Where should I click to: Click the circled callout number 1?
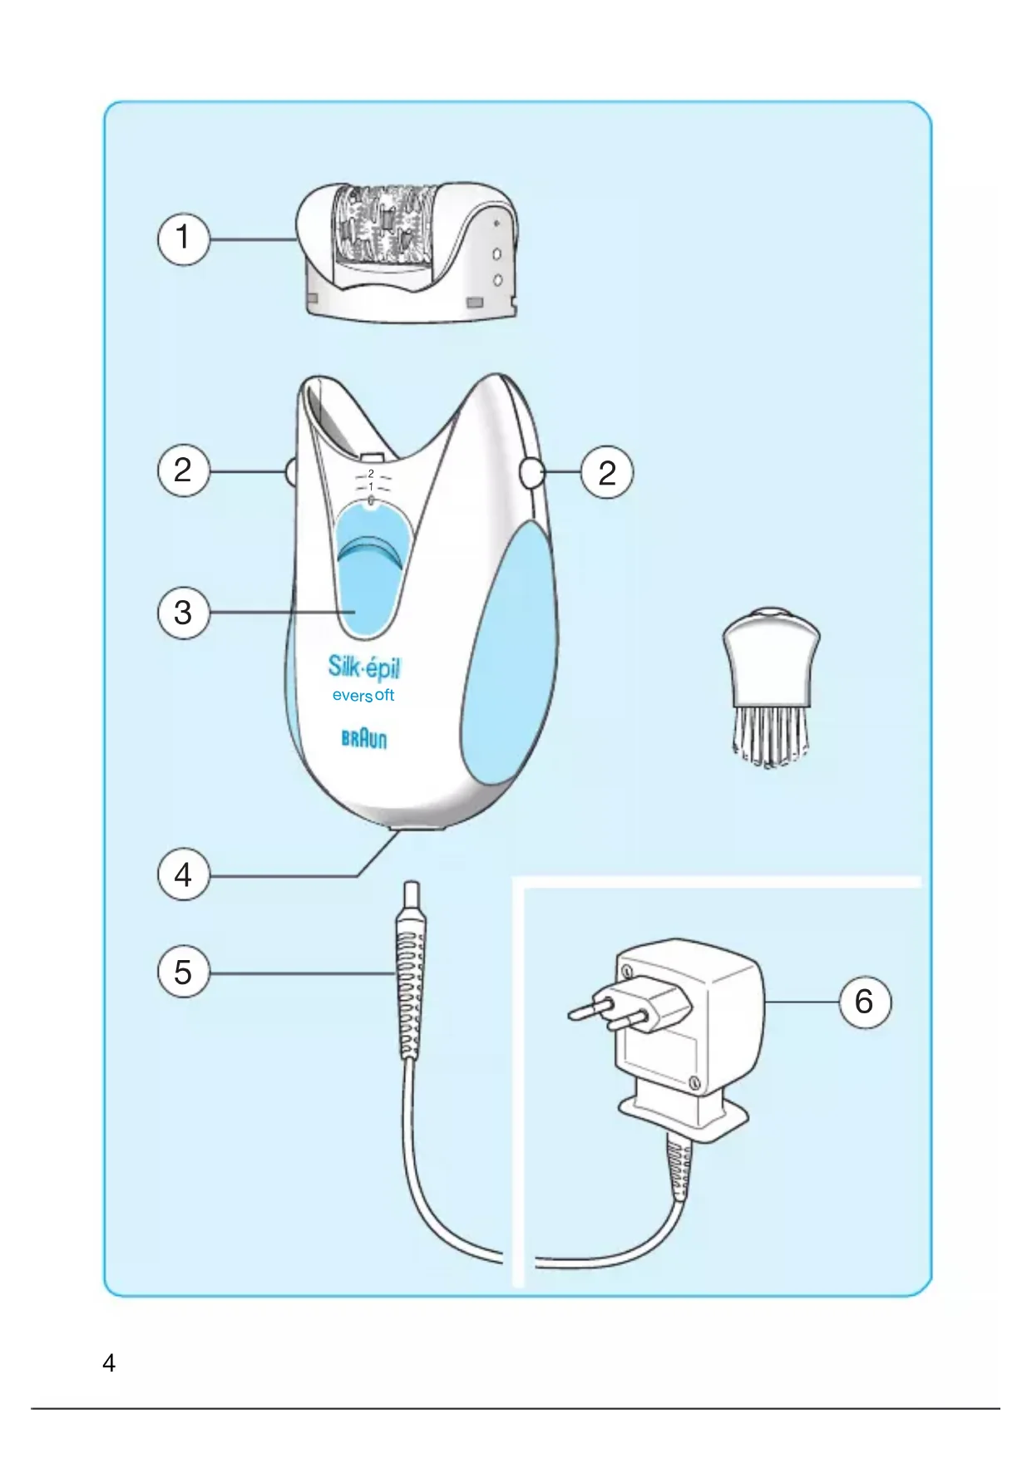click(183, 239)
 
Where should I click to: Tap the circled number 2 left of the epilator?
click(183, 471)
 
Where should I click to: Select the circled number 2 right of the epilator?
click(607, 472)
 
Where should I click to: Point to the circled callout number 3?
click(183, 613)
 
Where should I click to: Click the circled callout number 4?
click(183, 875)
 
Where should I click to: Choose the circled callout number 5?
click(183, 973)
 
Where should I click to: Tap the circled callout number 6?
click(864, 1002)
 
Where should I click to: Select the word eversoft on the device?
click(363, 696)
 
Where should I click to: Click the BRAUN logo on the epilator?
click(364, 739)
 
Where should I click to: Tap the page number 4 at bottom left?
click(109, 1363)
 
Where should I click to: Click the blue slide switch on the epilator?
click(371, 574)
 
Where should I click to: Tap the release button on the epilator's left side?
click(289, 472)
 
